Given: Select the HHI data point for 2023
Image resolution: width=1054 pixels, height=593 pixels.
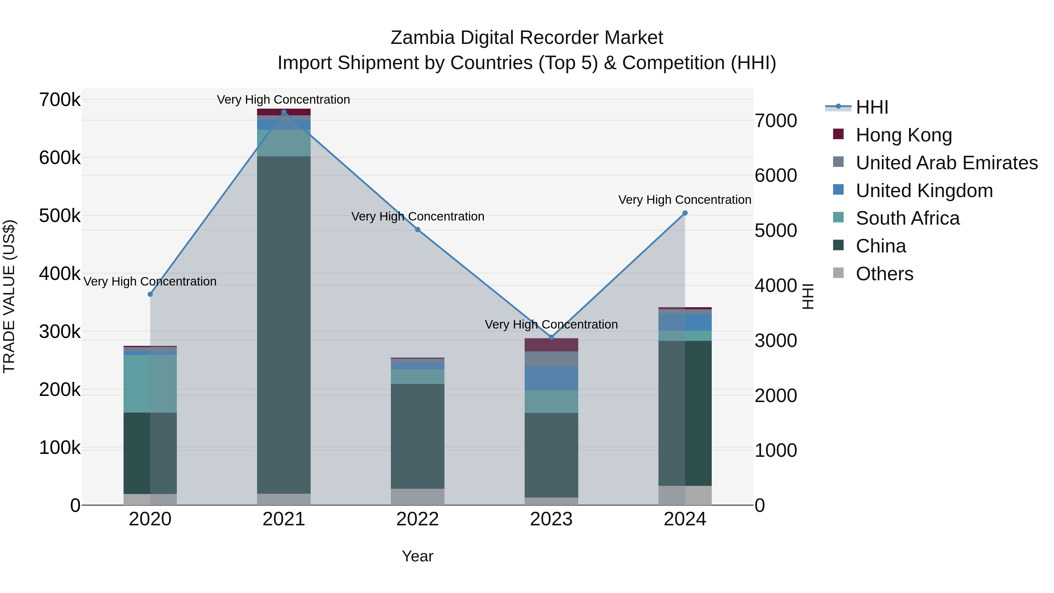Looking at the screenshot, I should pyautogui.click(x=551, y=337).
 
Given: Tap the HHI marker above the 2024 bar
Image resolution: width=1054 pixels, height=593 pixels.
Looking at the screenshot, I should pyautogui.click(x=685, y=213).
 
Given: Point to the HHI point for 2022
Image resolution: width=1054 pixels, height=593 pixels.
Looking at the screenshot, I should pyautogui.click(x=417, y=230).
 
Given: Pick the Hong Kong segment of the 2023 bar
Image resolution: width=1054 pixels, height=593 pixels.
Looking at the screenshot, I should pyautogui.click(x=551, y=345).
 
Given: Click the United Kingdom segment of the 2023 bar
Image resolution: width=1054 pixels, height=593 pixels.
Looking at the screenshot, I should pyautogui.click(x=551, y=378).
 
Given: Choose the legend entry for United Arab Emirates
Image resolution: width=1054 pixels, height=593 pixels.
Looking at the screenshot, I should pyautogui.click(x=946, y=163).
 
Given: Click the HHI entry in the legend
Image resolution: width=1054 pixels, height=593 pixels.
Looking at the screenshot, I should pyautogui.click(x=872, y=107).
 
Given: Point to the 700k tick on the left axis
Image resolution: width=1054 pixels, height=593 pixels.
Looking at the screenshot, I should pyautogui.click(x=60, y=100).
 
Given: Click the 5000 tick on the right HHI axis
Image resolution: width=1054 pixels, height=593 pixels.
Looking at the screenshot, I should pyautogui.click(x=775, y=230).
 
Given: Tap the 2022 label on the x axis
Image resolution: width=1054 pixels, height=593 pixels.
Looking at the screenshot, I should pyautogui.click(x=417, y=519).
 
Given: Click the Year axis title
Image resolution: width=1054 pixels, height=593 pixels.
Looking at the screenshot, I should pyautogui.click(x=417, y=556).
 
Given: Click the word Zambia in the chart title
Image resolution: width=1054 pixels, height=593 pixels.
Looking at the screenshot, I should pyautogui.click(x=422, y=38).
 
